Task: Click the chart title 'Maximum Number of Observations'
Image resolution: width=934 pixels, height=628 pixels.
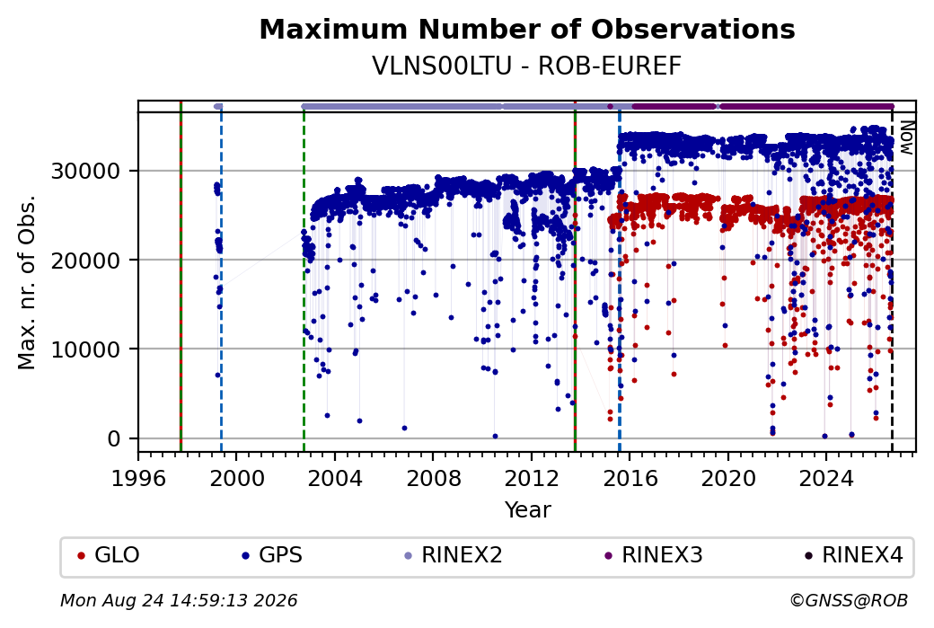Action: (527, 29)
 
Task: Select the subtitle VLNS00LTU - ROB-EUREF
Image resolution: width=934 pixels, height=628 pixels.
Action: (527, 66)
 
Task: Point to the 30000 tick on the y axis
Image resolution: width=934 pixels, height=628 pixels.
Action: (86, 172)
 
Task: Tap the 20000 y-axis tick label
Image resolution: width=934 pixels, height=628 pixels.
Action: (86, 261)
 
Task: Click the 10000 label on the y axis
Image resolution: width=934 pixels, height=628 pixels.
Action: (86, 349)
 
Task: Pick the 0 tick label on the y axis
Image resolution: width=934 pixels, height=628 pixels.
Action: (114, 439)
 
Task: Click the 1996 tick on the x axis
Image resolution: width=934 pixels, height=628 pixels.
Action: (138, 478)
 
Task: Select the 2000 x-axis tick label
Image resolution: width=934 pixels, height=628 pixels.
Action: (236, 478)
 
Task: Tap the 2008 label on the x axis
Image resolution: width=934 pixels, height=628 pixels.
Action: (433, 478)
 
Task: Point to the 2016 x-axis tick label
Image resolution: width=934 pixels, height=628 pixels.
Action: (630, 478)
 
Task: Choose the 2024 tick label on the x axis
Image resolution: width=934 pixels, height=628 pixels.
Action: (826, 478)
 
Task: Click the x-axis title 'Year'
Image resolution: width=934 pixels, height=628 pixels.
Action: (528, 510)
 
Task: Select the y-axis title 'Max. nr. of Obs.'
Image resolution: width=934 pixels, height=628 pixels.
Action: (27, 282)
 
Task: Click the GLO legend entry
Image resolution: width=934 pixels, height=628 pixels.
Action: (109, 555)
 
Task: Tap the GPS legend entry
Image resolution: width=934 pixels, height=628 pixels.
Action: (272, 555)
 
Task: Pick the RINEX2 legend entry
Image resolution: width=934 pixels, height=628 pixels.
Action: (454, 555)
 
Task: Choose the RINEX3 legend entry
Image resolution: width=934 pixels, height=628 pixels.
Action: (654, 555)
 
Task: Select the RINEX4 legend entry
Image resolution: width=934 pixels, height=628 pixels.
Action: (854, 555)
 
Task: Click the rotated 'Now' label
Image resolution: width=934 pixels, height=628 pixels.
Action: (906, 137)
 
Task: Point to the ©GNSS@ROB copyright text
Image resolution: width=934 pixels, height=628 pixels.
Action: (849, 600)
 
